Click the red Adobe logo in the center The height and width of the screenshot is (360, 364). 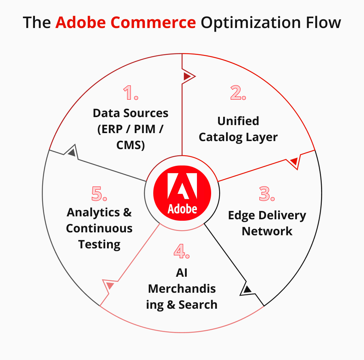pos(182,193)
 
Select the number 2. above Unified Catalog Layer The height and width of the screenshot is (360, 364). pos(238,93)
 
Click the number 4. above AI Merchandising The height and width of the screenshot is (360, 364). pos(182,252)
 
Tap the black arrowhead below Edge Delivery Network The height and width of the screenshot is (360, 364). pos(248,289)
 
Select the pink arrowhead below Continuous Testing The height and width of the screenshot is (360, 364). pos(110,285)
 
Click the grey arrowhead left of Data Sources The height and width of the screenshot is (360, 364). pos(72,152)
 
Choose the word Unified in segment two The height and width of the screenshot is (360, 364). pos(238,121)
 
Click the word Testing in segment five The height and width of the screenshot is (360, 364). pos(99,244)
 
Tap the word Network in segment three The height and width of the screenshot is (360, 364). pos(267,231)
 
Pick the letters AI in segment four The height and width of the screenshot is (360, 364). pos(182,272)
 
